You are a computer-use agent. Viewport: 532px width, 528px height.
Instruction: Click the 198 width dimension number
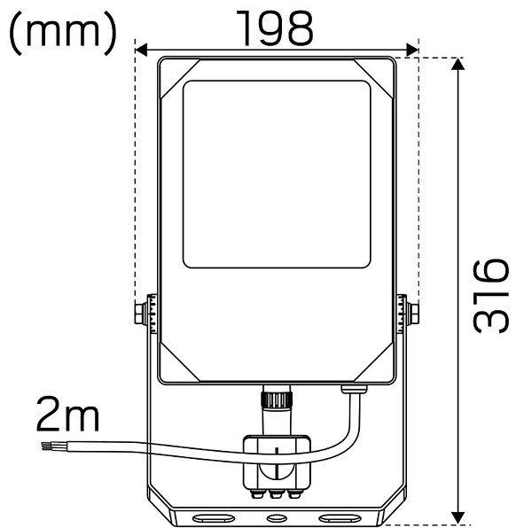coord(275,28)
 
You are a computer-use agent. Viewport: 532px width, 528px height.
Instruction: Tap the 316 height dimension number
coord(491,296)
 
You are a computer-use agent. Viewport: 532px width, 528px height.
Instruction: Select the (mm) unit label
coord(63,33)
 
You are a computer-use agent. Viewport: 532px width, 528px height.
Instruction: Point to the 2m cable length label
coord(68,414)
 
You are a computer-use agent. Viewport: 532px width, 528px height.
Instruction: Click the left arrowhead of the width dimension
coord(141,50)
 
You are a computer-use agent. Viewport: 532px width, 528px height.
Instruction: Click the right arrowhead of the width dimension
coord(412,50)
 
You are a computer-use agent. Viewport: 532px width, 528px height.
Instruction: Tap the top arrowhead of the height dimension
coord(458,64)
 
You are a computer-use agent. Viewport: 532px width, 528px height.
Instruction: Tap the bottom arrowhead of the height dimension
coord(458,516)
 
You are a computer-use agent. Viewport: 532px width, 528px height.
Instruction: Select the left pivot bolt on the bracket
coord(141,314)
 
